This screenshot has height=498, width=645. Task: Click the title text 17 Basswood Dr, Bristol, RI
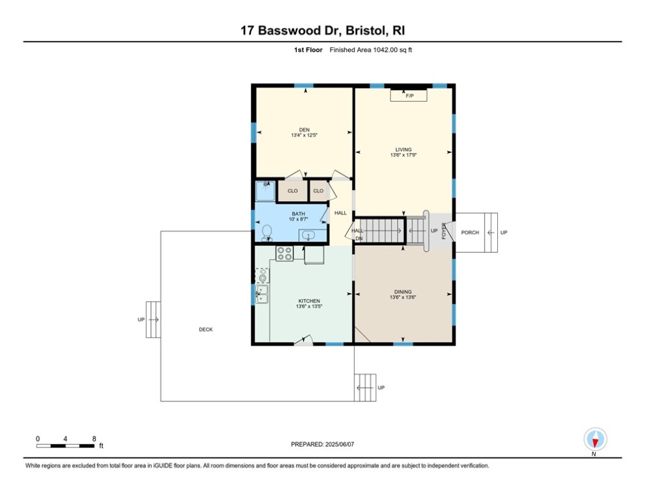(322, 30)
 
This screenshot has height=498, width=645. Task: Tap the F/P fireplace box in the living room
(408, 96)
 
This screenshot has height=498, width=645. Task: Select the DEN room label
(304, 130)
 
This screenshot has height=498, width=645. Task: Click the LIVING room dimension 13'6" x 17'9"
(403, 156)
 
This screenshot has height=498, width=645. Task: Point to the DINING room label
(403, 292)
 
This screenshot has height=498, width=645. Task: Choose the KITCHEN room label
(309, 301)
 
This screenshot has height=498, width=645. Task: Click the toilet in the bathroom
(266, 231)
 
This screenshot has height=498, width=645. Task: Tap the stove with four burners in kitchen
(285, 254)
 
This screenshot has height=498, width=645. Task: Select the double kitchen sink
(262, 294)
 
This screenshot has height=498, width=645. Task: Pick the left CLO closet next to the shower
(292, 191)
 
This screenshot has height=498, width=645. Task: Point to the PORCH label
(470, 232)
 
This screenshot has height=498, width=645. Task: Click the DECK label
(205, 329)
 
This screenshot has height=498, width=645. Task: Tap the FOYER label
(444, 231)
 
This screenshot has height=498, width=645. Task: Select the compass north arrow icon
(594, 440)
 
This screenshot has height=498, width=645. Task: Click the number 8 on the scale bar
(95, 438)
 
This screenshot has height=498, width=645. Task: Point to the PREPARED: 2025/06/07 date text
(322, 444)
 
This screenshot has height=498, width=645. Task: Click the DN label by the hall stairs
(358, 239)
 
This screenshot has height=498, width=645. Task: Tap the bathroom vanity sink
(309, 235)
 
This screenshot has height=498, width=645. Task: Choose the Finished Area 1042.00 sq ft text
(371, 50)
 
